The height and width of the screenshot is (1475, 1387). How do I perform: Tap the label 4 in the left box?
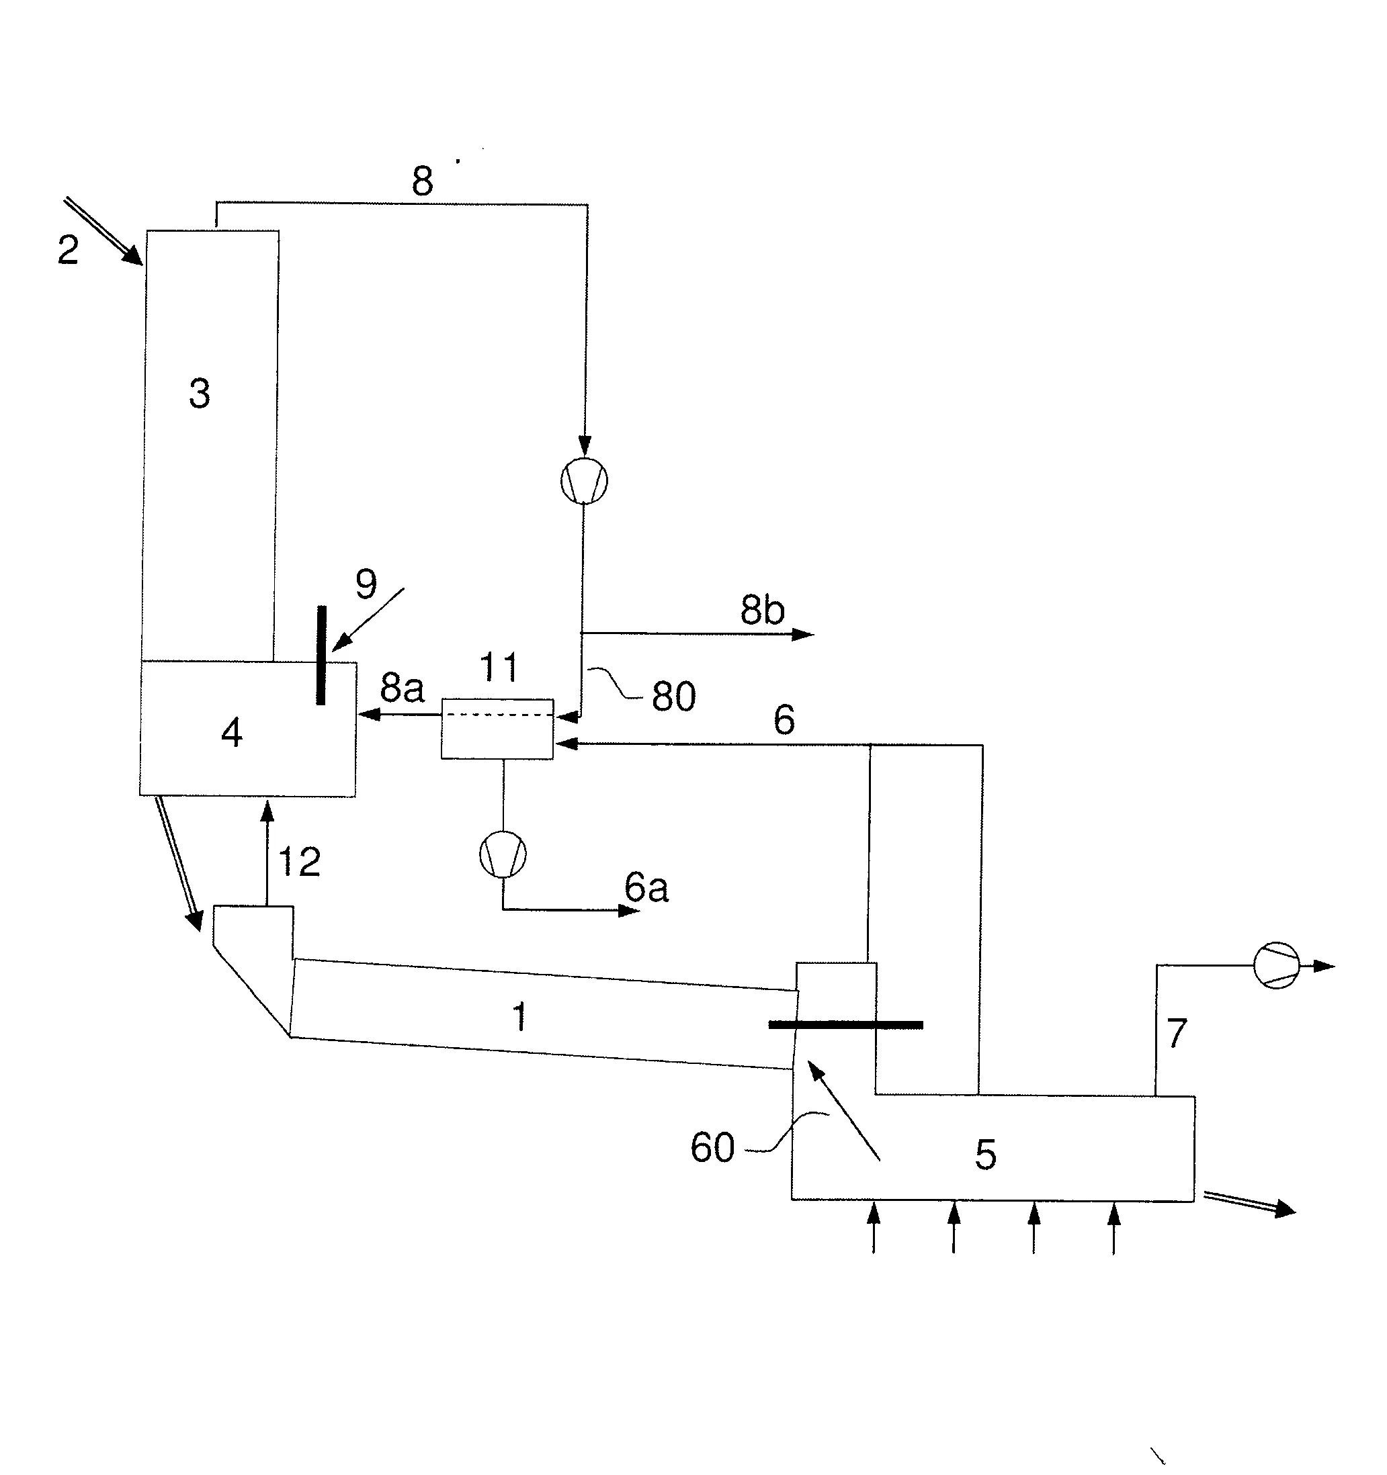click(x=232, y=733)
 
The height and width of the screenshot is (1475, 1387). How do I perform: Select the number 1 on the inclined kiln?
click(x=519, y=1016)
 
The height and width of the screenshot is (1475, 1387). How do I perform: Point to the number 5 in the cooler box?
click(x=986, y=1155)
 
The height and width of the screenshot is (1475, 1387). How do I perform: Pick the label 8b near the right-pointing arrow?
click(x=762, y=610)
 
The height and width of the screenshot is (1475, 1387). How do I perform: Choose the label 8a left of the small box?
click(x=403, y=688)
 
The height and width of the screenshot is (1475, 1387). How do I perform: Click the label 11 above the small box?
click(x=499, y=667)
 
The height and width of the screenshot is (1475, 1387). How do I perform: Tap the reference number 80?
click(x=674, y=697)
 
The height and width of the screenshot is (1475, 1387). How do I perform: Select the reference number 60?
click(x=712, y=1148)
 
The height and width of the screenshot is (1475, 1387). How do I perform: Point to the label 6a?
click(x=646, y=887)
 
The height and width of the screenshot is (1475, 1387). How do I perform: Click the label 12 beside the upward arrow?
click(x=299, y=862)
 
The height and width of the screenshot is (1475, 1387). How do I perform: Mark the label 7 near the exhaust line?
click(x=1177, y=1034)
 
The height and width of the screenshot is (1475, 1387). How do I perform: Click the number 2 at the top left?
click(x=69, y=250)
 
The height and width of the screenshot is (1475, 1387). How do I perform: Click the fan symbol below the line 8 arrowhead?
click(x=584, y=481)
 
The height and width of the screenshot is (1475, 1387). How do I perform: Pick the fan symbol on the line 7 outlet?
click(x=1276, y=965)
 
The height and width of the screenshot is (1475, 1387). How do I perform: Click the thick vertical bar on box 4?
click(x=321, y=655)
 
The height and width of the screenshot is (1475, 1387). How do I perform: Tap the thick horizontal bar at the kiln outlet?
click(x=846, y=1024)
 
